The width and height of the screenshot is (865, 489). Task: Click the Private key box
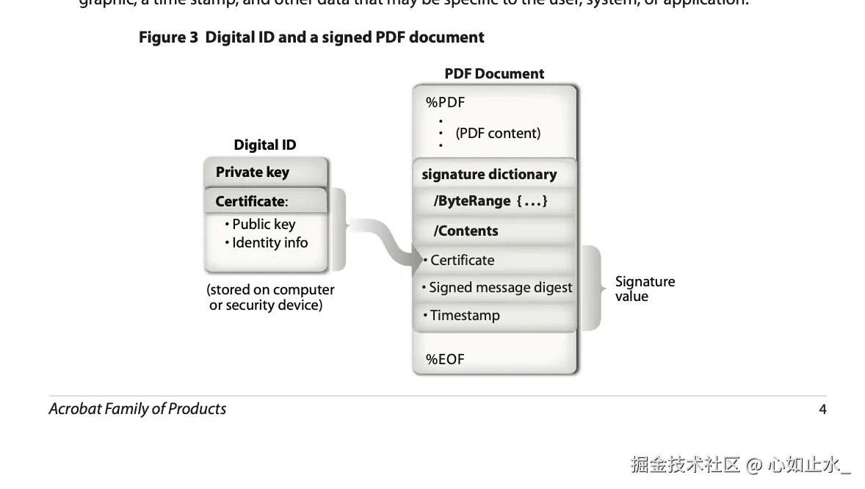click(x=265, y=173)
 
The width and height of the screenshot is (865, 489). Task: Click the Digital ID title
click(x=265, y=145)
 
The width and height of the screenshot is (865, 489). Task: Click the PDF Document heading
click(x=494, y=73)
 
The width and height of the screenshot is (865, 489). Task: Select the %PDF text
click(x=445, y=103)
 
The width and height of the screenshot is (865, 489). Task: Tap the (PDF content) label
click(x=498, y=134)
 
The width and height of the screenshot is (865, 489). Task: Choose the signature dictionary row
click(x=489, y=175)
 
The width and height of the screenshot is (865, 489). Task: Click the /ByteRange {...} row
click(x=491, y=201)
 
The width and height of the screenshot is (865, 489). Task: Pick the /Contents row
click(x=466, y=231)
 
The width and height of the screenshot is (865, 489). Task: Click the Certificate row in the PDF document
click(x=462, y=261)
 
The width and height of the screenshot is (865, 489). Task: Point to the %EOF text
click(x=445, y=360)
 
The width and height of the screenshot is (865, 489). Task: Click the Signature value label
click(x=645, y=289)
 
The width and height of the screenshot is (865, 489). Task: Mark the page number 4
click(x=822, y=410)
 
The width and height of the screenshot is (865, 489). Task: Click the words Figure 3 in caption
click(x=168, y=37)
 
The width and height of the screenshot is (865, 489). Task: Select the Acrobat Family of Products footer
click(x=137, y=409)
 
